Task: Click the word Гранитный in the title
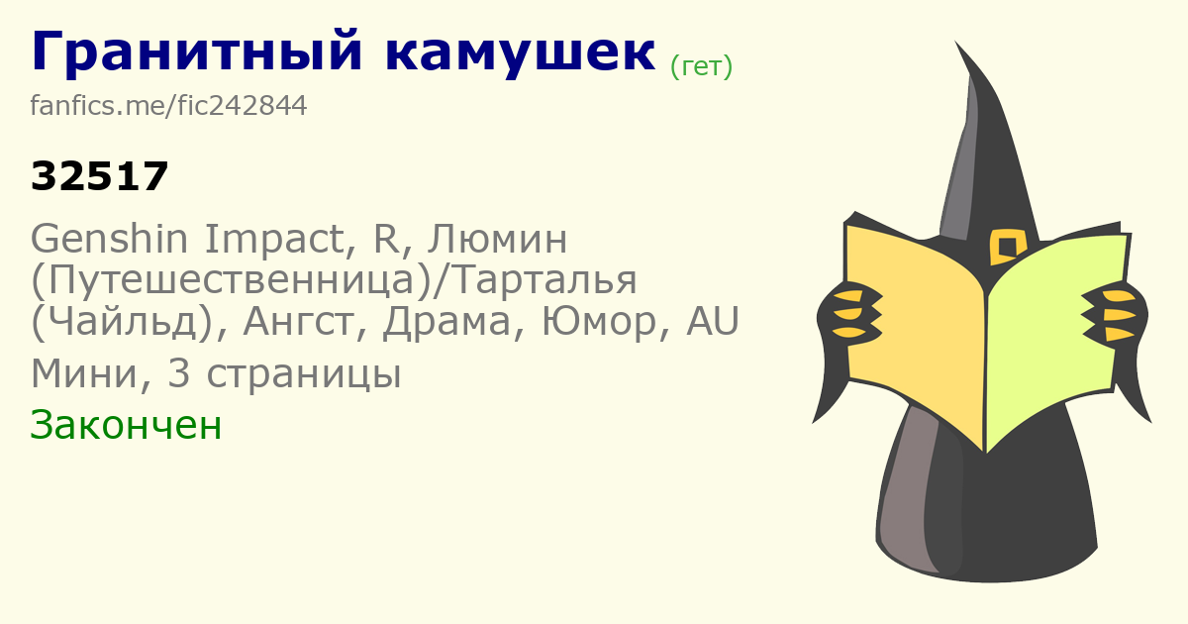197,51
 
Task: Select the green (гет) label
701,67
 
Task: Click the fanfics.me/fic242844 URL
168,105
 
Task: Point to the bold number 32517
99,176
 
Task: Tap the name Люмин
497,240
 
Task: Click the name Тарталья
540,280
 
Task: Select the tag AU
713,321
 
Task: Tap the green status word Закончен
126,425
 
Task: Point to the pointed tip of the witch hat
955,42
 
